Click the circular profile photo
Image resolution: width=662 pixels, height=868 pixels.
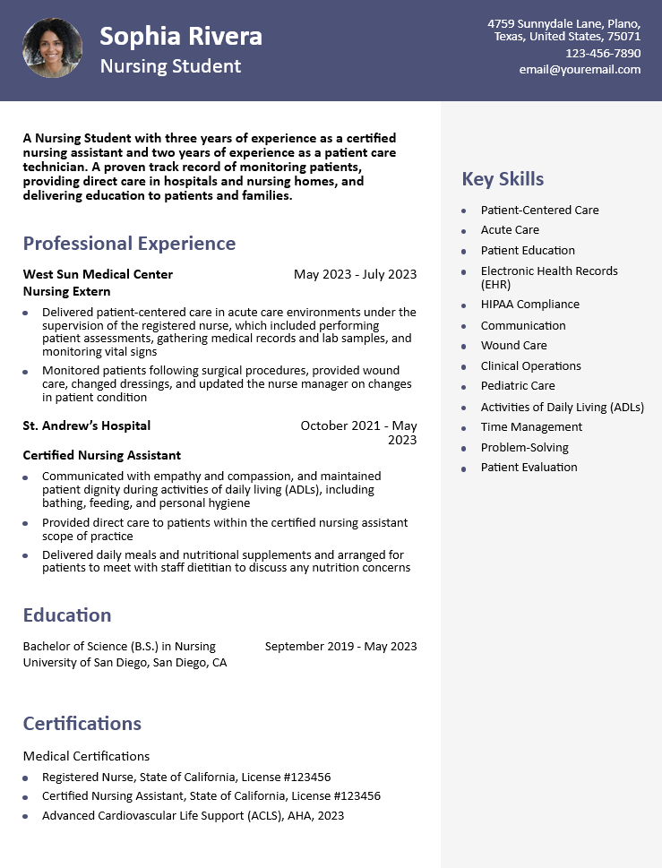click(52, 49)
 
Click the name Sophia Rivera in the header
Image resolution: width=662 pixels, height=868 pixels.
click(181, 36)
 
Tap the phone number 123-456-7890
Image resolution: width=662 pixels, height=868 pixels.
click(603, 53)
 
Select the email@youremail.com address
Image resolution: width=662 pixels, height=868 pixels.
click(580, 69)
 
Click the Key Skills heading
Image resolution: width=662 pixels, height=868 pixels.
click(503, 179)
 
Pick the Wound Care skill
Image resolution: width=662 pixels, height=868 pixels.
click(513, 346)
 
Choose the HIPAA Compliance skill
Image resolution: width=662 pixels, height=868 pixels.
click(529, 305)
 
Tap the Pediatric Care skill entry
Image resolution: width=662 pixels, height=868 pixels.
click(518, 386)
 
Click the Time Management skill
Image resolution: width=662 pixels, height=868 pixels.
click(531, 427)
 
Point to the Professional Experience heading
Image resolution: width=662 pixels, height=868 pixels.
click(129, 244)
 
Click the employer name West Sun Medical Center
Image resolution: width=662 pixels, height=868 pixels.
click(98, 274)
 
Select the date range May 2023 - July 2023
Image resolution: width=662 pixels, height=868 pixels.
click(355, 274)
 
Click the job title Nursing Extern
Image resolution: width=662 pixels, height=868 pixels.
click(66, 291)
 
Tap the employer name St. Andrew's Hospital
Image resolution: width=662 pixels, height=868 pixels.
click(87, 425)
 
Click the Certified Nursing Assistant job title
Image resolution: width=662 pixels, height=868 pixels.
click(102, 455)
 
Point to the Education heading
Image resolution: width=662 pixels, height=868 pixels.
click(67, 615)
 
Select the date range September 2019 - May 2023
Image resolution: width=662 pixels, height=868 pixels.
click(340, 646)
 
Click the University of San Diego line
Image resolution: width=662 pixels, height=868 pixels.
click(125, 663)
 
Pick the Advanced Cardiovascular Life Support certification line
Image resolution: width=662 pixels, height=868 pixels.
click(193, 816)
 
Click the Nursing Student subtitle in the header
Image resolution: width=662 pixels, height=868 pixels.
click(170, 66)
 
